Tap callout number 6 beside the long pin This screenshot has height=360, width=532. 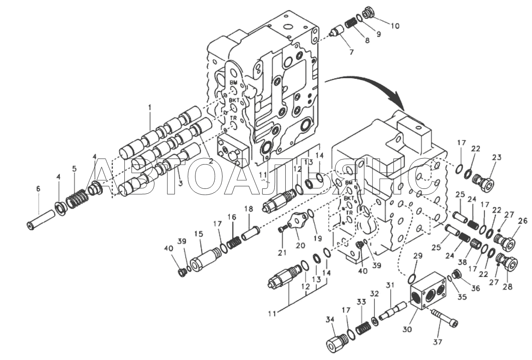coord(38,188)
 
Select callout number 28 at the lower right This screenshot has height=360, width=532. coord(508,286)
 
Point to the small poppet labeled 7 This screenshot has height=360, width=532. coord(337,32)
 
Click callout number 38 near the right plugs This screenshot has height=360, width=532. coord(460,262)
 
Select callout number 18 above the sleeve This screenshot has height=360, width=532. coord(249,209)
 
